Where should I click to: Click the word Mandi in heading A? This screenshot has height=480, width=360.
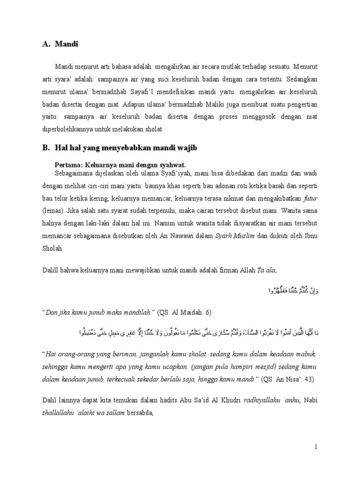[x=67, y=45]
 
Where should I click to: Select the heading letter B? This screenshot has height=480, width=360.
[x=45, y=148]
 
